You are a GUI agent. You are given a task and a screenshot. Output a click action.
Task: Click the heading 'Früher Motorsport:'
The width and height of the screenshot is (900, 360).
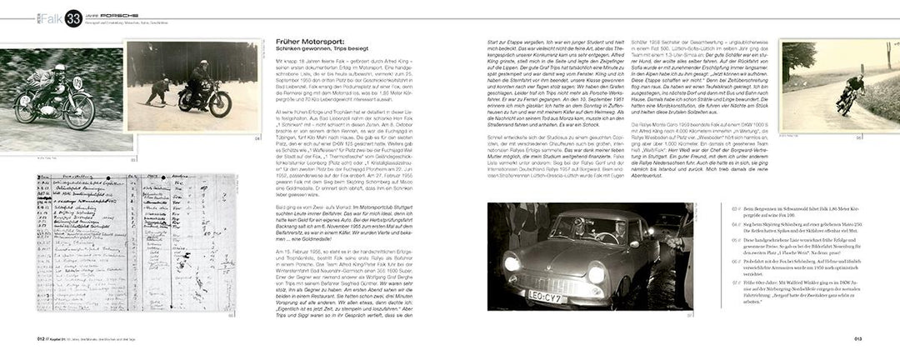pyautogui.click(x=312, y=41)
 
